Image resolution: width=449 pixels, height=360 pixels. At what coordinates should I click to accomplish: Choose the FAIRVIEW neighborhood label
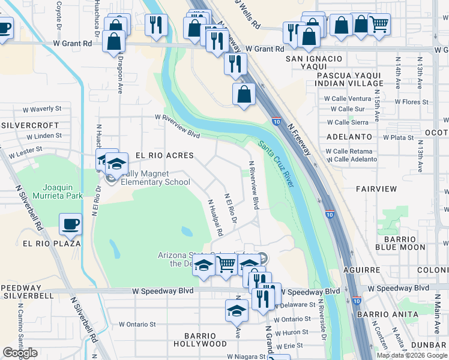pyautogui.click(x=376, y=188)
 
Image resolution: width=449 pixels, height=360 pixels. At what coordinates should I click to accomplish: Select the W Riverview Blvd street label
pyautogui.click(x=177, y=126)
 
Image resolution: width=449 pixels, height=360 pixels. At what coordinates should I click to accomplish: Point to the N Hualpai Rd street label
pyautogui.click(x=215, y=217)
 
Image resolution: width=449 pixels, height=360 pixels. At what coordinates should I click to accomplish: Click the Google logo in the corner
pyautogui.click(x=20, y=353)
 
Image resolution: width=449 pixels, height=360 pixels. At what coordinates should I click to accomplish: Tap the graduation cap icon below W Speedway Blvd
pyautogui.click(x=237, y=311)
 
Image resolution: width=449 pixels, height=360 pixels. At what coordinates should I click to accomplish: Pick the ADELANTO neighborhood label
pyautogui.click(x=349, y=137)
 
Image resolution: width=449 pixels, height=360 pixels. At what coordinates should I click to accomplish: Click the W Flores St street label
pyautogui.click(x=407, y=102)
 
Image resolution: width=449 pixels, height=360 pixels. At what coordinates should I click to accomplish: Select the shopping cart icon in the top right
pyautogui.click(x=378, y=25)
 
